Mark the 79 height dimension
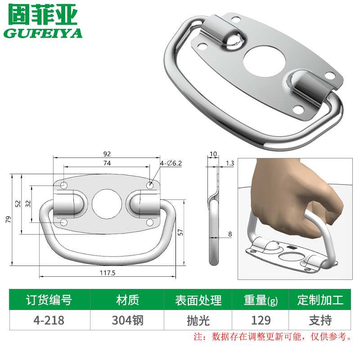[8, 220]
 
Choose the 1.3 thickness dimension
[230, 163]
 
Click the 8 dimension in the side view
[229, 234]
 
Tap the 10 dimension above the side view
[213, 154]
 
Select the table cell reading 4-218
[49, 320]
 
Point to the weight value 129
[261, 320]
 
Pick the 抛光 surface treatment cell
[198, 320]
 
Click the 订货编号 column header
[49, 300]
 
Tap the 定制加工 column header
[320, 300]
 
